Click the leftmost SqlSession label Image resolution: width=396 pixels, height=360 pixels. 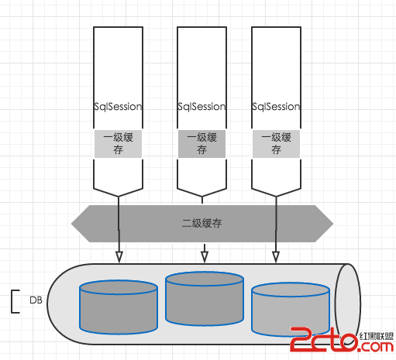118,107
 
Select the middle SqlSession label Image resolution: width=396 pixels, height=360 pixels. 201,107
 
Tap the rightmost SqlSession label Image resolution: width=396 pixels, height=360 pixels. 276,107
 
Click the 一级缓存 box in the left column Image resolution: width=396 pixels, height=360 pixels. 118,144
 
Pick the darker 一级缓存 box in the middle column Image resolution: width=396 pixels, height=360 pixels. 201,144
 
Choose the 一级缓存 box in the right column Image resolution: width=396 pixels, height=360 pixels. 276,144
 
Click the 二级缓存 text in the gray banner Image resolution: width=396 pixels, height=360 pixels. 202,223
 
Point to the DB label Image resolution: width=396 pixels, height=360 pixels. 36,300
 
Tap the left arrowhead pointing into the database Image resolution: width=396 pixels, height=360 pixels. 119,257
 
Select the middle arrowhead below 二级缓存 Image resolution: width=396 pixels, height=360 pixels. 205,257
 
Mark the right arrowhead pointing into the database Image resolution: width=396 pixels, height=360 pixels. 276,257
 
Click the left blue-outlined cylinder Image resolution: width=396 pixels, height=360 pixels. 119,307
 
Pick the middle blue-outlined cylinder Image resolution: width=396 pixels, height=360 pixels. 205,299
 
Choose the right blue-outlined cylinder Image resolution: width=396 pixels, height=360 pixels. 291,310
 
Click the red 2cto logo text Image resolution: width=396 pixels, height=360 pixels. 325,339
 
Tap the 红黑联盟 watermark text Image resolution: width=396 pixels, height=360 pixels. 377,336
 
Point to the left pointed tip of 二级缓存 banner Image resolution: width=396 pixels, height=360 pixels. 71,224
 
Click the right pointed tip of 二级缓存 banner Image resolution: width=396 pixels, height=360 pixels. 333,224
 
